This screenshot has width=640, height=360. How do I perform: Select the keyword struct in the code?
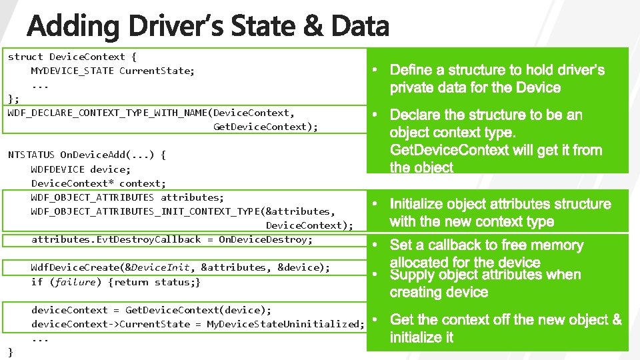(25, 57)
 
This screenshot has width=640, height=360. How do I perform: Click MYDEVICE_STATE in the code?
(72, 71)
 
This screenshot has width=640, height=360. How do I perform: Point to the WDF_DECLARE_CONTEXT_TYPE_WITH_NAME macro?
(107, 113)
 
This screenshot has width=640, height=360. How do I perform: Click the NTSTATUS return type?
(31, 155)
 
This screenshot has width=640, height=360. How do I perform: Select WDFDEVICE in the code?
(57, 169)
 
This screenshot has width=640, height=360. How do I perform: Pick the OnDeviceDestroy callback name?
(265, 239)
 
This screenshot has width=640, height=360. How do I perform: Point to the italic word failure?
(75, 282)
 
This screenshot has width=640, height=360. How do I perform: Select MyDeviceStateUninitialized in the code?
(285, 324)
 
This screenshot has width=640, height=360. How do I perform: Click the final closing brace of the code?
(10, 351)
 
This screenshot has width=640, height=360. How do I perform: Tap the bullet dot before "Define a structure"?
(375, 69)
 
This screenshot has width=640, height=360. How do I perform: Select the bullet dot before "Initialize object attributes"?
(375, 203)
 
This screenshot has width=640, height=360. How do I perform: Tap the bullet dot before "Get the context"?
(375, 319)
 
